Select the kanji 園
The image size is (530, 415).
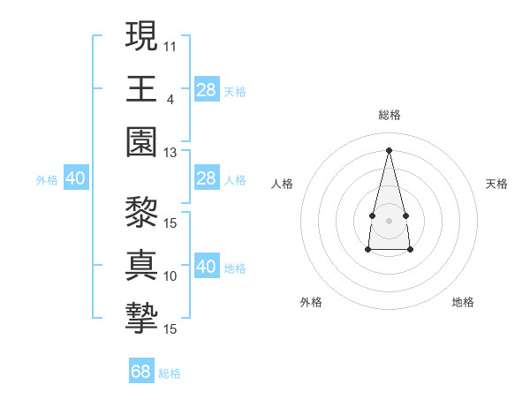pos(142,141)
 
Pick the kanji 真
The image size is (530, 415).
pos(142,265)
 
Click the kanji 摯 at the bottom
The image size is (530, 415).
pos(142,318)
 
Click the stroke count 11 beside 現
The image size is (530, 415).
pos(170,44)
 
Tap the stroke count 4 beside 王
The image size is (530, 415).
pos(170,98)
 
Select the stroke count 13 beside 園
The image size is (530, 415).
pos(170,152)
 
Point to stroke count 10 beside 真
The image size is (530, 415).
pos(170,275)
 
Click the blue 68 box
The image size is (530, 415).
pos(141,372)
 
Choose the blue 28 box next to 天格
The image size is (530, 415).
pos(207,89)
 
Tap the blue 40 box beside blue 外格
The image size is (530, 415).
pos(75,178)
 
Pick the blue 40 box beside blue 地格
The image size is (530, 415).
pos(207,267)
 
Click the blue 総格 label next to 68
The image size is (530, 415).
pos(170,373)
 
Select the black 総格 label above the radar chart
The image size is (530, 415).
pos(389,115)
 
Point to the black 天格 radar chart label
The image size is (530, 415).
pos(497,184)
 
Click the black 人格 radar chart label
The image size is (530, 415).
pos(283,184)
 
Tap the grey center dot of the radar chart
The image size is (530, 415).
pos(389,219)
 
